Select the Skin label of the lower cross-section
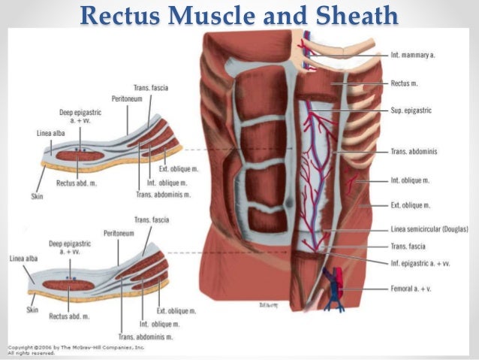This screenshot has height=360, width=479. pos(32,309)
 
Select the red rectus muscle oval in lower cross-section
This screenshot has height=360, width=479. pos(69,286)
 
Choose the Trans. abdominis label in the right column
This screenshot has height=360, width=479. pos(414,151)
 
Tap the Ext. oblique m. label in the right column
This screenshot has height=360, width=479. pos(410,204)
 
